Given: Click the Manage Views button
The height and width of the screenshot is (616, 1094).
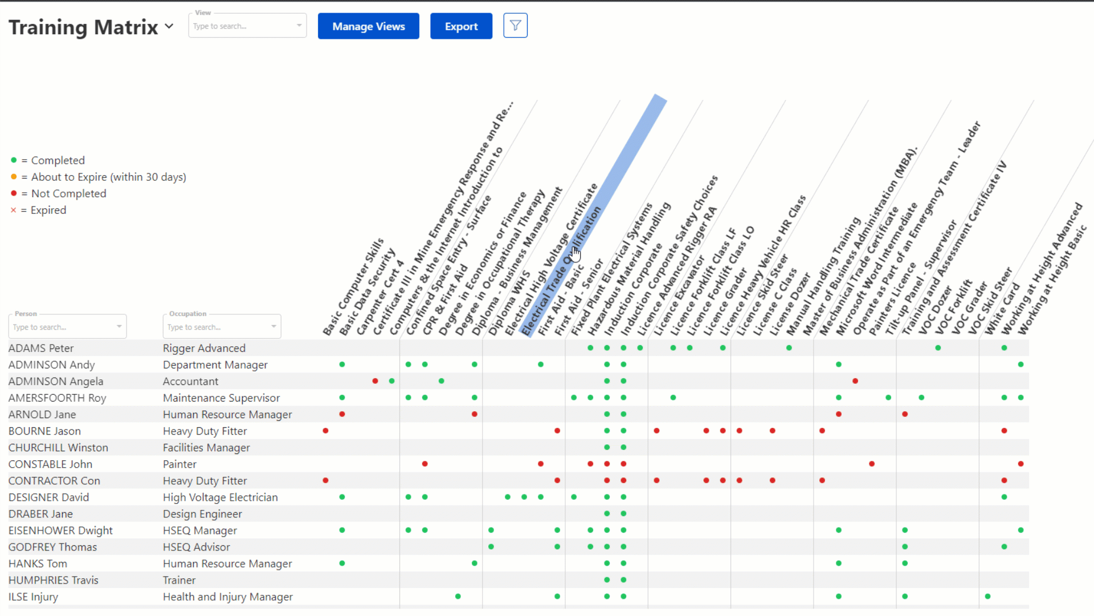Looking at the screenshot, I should click(x=368, y=26).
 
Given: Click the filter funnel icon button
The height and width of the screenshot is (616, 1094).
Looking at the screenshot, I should click(x=515, y=26).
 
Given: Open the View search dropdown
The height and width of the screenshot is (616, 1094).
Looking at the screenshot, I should click(x=247, y=26).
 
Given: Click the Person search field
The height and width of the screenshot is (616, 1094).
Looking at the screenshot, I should click(x=67, y=327).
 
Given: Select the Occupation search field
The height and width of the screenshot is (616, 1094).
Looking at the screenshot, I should click(x=221, y=327).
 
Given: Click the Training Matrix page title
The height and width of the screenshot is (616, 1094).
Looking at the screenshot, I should click(x=83, y=27).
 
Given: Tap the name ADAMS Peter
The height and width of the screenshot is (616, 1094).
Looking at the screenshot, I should click(x=41, y=348).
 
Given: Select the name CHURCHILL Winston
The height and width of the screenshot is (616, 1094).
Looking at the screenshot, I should click(x=58, y=448).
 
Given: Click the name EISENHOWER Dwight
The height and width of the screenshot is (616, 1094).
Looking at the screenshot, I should click(x=60, y=530).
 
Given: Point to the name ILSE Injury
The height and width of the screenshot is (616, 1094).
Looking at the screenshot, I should click(x=33, y=597).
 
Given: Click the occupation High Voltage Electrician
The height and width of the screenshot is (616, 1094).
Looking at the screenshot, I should click(x=221, y=497).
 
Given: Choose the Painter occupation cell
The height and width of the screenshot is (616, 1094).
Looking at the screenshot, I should click(x=179, y=464).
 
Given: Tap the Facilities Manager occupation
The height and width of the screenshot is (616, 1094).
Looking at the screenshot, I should click(x=206, y=448).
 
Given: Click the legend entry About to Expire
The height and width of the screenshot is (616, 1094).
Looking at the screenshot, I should click(x=108, y=177).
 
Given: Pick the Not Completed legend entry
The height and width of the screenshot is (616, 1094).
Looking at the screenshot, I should click(x=68, y=193).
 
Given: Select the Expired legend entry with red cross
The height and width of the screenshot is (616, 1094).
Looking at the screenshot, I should click(x=48, y=210).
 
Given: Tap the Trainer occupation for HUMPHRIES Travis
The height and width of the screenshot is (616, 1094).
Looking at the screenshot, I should click(x=179, y=580).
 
